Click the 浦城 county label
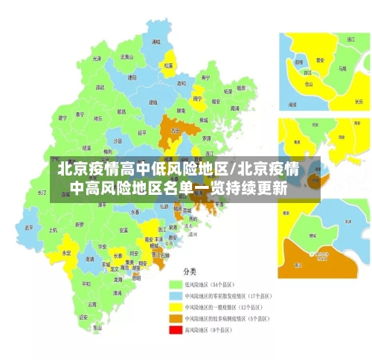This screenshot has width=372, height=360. [155, 43]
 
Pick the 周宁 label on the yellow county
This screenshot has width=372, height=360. [197, 97]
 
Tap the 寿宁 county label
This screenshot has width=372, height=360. [206, 77]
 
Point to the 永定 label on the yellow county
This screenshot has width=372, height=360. [66, 253]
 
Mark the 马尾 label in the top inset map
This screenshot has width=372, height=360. [342, 68]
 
